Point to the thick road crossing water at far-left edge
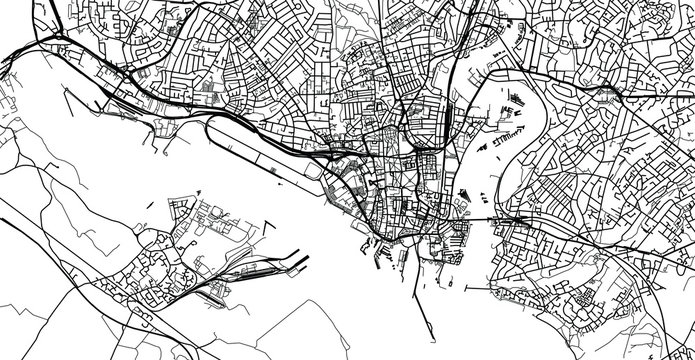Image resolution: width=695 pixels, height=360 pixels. click(x=10, y=70)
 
